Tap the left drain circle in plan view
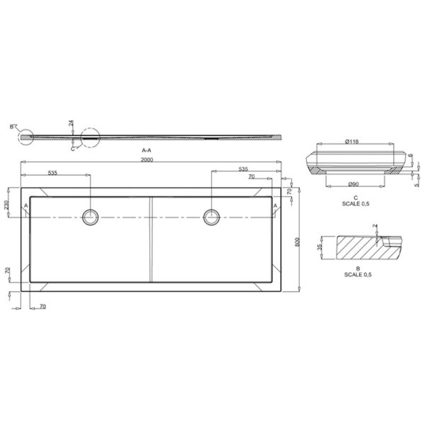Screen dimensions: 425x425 tap(91, 216)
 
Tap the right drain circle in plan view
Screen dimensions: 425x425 tap(211, 216)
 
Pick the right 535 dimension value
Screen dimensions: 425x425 tap(243, 169)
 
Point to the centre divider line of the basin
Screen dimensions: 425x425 tap(151, 239)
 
